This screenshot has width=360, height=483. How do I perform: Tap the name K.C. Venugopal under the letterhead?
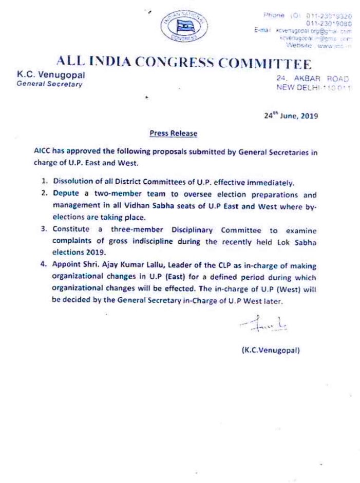pos(51,75)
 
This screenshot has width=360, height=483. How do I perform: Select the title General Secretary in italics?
pos(49,84)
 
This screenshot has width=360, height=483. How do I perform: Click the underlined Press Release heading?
pos(173,133)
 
